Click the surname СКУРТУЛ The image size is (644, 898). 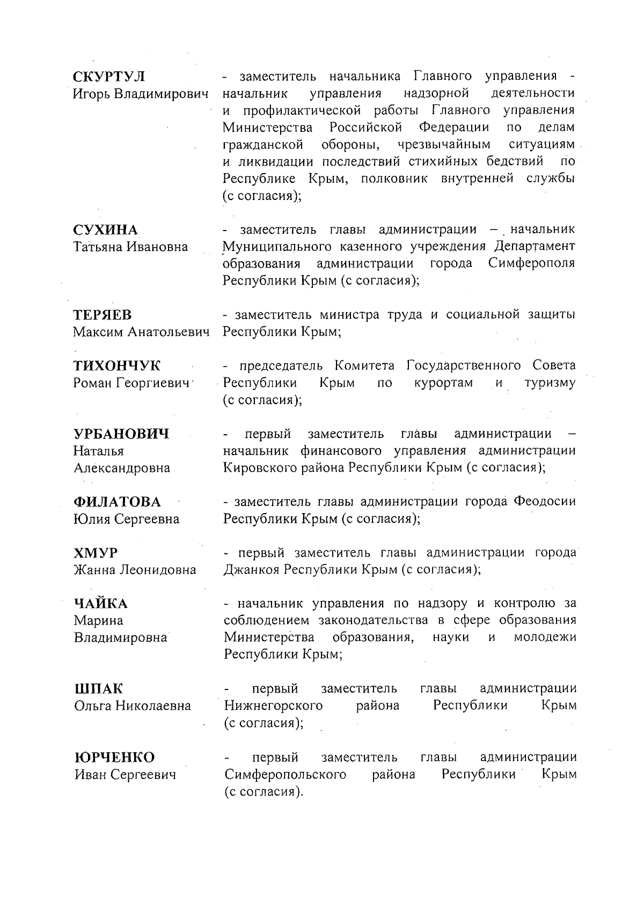click(109, 76)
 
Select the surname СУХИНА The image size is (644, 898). click(106, 230)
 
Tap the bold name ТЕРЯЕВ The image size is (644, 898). click(103, 315)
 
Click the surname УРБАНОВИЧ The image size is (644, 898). click(121, 434)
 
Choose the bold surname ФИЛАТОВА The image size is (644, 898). click(117, 502)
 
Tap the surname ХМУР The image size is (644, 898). click(96, 553)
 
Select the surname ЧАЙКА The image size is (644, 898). click(101, 604)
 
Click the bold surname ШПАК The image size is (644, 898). click(98, 688)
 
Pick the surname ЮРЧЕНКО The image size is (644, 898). click(114, 757)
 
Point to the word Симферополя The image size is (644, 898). click(531, 264)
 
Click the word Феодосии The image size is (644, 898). click(544, 502)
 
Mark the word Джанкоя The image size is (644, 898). click(251, 569)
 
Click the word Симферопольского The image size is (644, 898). click(285, 774)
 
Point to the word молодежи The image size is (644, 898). click(545, 637)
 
